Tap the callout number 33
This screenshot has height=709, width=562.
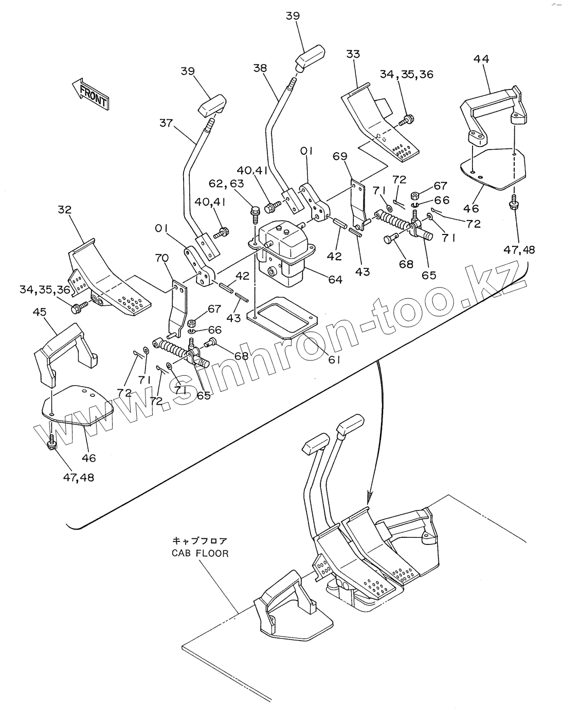353,54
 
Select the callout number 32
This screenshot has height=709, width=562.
65,210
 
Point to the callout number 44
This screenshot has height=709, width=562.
481,59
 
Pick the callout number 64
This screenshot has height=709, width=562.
335,279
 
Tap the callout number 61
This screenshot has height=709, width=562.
335,360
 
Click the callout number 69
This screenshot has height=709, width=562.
354,156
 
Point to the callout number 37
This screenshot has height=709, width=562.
166,123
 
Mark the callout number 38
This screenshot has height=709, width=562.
260,67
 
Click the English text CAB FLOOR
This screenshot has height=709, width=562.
201,554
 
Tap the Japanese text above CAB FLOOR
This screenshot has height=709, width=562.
200,541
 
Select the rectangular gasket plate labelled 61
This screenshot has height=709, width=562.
284,317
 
